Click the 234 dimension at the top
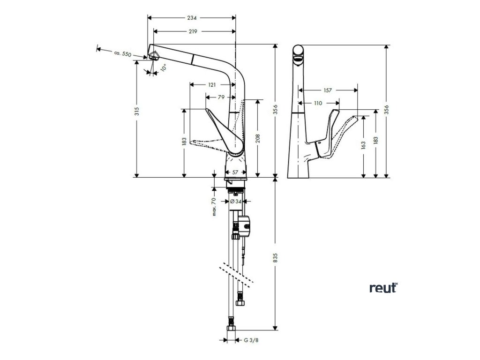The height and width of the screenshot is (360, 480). click(192, 18)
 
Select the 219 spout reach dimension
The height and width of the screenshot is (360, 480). click(193, 31)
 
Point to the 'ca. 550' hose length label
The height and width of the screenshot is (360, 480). click(122, 53)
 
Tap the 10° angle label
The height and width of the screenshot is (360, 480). click(163, 67)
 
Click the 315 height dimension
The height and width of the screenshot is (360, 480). click(137, 111)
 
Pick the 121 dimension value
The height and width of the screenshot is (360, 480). click(212, 85)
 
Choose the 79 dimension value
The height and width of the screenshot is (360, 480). click(221, 97)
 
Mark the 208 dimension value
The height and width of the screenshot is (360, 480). click(258, 139)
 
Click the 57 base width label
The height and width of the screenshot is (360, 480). click(235, 172)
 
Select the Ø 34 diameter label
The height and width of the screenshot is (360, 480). click(236, 202)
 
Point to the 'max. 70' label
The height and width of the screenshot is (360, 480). click(214, 207)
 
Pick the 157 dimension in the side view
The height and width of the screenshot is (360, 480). click(327, 90)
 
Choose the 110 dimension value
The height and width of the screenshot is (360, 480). click(318, 103)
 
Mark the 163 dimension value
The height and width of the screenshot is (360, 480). click(363, 146)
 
